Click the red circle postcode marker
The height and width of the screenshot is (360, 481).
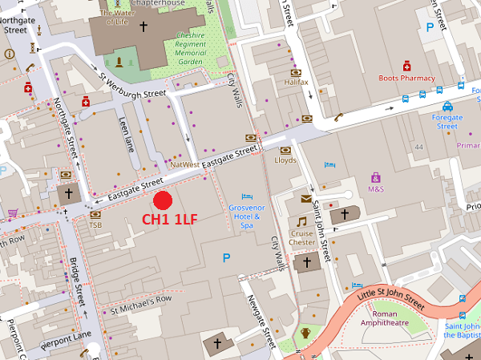tap(164, 201)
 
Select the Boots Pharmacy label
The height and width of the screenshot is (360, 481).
tap(407, 79)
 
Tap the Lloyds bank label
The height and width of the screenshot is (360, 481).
tap(285, 160)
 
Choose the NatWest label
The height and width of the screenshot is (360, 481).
tap(184, 164)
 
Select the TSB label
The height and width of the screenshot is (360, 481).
tap(95, 225)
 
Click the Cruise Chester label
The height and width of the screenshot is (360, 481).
tap(302, 237)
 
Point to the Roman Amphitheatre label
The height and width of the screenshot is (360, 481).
tap(386, 319)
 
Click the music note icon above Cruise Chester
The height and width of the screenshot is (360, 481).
tap(302, 221)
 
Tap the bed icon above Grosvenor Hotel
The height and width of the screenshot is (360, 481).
tap(248, 196)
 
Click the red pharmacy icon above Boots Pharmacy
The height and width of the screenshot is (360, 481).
tap(406, 66)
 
